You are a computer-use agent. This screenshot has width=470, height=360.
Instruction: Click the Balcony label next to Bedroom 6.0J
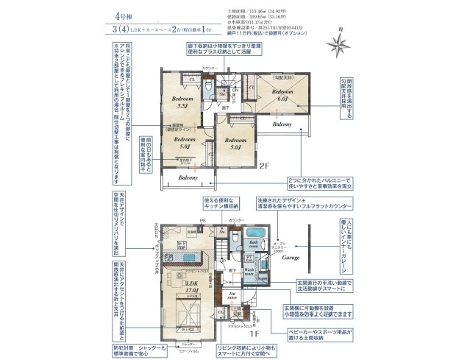tap(281, 124)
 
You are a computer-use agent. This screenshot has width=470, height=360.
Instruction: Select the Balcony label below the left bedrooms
tap(188, 177)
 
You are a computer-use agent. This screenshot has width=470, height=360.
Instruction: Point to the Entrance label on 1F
tap(230, 296)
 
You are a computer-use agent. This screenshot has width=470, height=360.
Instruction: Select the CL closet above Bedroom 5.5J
tap(192, 79)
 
